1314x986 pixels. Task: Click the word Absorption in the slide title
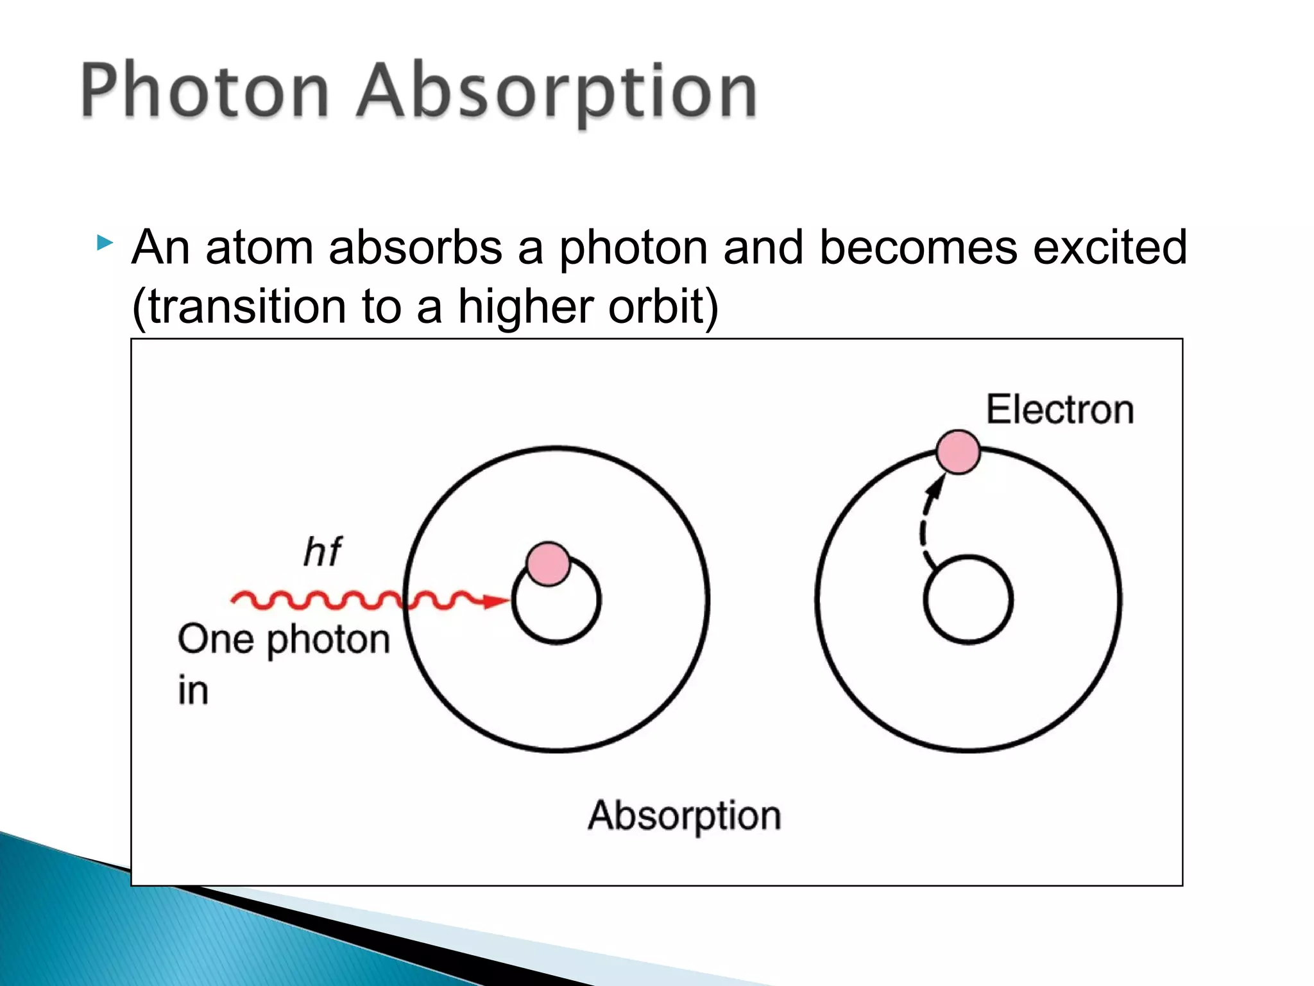[557, 91]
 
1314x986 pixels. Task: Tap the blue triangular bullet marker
[105, 243]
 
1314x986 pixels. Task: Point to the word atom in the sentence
[259, 247]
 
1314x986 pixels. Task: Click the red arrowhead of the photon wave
[496, 601]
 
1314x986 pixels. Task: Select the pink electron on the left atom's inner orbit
[548, 564]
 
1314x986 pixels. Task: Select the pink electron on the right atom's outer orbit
[957, 452]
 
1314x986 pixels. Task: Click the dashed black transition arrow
[926, 526]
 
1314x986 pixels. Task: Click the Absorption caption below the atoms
[684, 816]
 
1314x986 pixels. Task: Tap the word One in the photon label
[215, 639]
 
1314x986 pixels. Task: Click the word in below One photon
[192, 691]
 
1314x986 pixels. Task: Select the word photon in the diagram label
[328, 641]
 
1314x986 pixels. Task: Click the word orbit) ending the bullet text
[663, 306]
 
